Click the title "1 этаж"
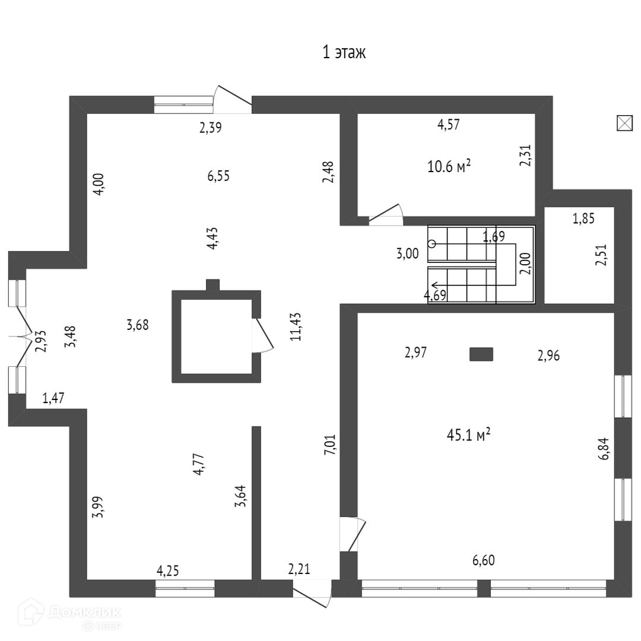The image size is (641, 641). (344, 52)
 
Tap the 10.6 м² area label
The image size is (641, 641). (449, 166)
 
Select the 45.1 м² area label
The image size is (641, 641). (468, 436)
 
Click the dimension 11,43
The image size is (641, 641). (295, 326)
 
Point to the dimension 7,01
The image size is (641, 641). (331, 444)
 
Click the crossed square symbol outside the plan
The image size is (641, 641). (624, 123)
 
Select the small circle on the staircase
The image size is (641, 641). (432, 243)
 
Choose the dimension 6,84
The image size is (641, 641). (604, 448)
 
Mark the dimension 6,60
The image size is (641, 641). (484, 560)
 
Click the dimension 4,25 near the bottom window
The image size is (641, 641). (168, 571)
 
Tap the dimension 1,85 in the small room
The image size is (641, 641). (583, 218)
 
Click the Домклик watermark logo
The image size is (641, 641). (69, 615)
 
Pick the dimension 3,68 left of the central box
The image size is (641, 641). (138, 325)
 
